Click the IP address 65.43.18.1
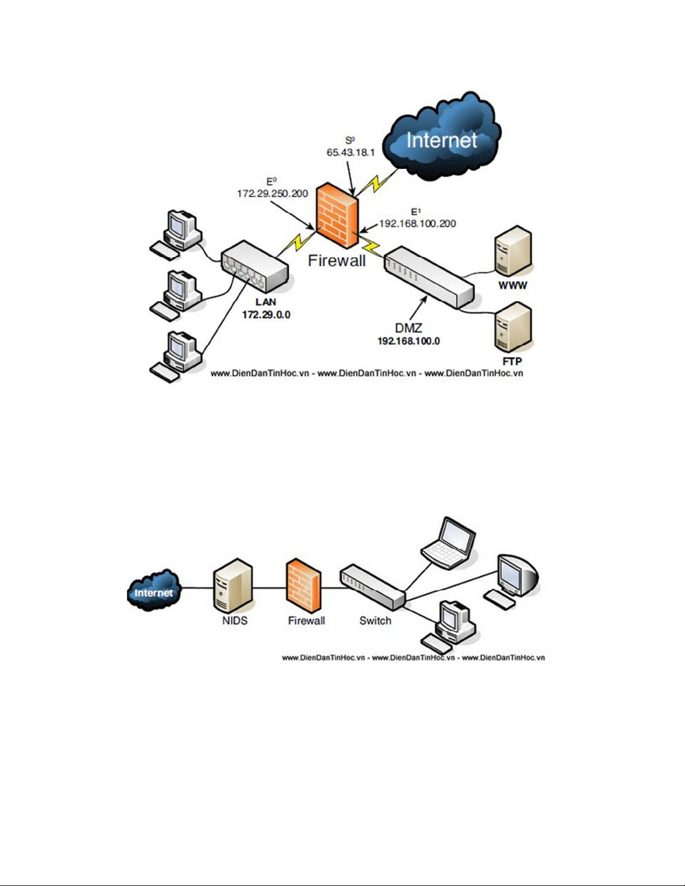pyautogui.click(x=351, y=152)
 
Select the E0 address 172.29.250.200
pyautogui.click(x=272, y=193)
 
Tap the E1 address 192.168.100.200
pyautogui.click(x=418, y=224)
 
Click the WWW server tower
pyautogui.click(x=512, y=253)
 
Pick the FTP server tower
pyautogui.click(x=512, y=328)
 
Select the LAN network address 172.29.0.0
pyautogui.click(x=266, y=315)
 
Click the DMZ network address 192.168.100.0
pyautogui.click(x=408, y=341)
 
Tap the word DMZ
pyautogui.click(x=408, y=328)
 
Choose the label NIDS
pyautogui.click(x=235, y=620)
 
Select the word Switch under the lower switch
pyautogui.click(x=375, y=620)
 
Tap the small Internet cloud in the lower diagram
pyautogui.click(x=153, y=591)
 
